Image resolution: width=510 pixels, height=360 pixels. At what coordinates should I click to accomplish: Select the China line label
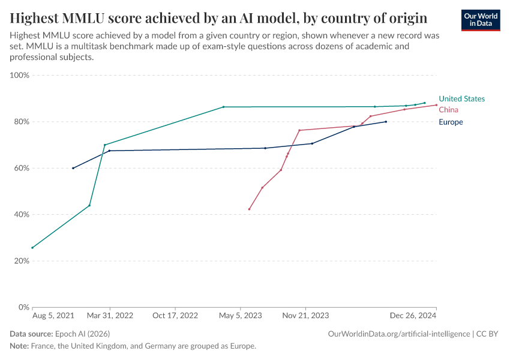448,110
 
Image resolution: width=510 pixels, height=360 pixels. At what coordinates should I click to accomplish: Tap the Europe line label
451,122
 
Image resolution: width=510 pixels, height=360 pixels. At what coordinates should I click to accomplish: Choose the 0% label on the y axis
23,308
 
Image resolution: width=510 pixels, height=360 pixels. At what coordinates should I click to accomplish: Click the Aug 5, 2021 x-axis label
53,315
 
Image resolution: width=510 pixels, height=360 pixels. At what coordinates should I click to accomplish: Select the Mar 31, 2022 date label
110,315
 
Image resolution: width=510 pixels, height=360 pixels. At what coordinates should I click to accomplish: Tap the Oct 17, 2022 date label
175,315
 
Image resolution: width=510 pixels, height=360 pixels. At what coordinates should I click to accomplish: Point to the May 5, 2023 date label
240,315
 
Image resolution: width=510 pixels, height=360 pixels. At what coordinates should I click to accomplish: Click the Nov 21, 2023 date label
305,315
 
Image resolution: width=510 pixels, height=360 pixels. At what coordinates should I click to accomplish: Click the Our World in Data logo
480,20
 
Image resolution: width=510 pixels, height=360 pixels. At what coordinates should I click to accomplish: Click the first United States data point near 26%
32,248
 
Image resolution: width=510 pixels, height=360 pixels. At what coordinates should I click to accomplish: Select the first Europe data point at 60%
73,168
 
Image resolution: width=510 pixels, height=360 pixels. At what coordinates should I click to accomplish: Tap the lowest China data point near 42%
249,209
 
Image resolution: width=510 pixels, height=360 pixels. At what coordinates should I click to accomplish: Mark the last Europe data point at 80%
386,122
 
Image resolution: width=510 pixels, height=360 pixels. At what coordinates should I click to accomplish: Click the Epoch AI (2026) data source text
82,334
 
